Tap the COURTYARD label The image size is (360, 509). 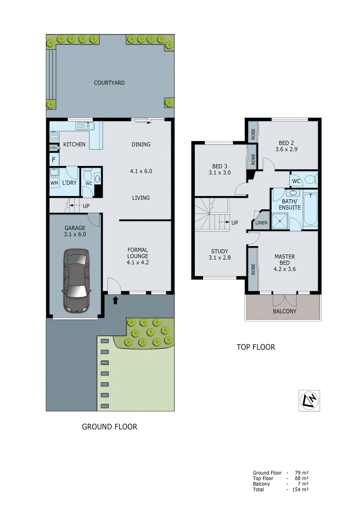coord(109,83)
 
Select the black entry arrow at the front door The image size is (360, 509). coord(116,300)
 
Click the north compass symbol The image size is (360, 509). coord(309,401)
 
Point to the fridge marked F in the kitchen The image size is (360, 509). coord(54,160)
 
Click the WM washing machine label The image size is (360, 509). coord(54,183)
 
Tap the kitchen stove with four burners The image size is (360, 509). coord(54,136)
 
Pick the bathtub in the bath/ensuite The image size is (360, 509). coord(310,209)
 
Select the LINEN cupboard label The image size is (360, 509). coord(261,223)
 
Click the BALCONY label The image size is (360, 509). coord(285,311)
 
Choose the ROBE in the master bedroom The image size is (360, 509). coord(253,269)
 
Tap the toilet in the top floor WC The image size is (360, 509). coord(310,180)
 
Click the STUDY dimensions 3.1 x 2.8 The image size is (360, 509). coord(220,258)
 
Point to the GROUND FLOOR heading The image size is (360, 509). coord(109,427)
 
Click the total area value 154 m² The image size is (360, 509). coord(300,490)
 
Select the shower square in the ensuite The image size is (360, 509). coord(280,221)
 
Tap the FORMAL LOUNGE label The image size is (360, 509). coord(138,253)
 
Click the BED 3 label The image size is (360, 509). coord(220,166)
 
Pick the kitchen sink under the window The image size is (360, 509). coord(85,126)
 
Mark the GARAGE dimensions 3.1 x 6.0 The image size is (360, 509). coord(75,234)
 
